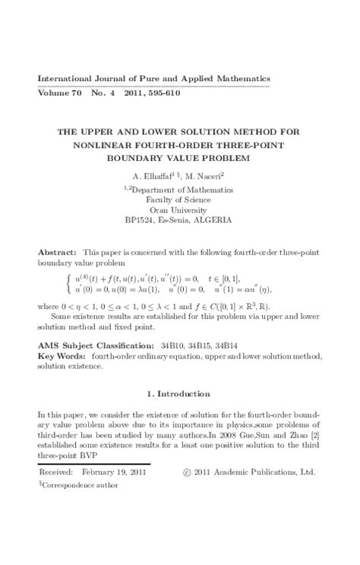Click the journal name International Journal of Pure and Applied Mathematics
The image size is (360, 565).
[x=154, y=79]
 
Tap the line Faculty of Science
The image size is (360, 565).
[x=181, y=200]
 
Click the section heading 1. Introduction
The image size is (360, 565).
[x=180, y=393]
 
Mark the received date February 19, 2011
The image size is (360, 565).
[x=114, y=472]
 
